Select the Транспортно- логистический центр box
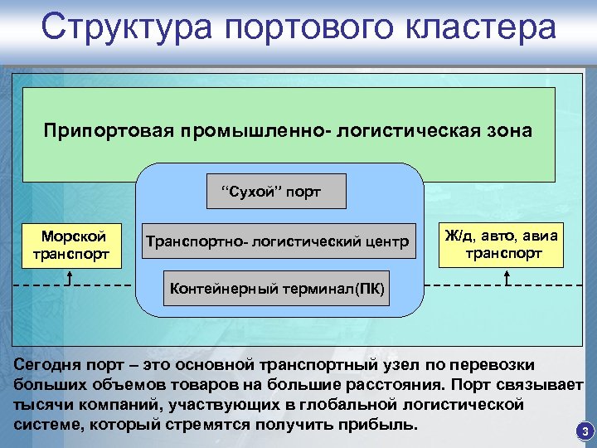[277, 242]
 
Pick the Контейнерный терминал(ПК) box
[277, 289]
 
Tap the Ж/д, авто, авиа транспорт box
[502, 245]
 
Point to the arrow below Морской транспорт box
[70, 277]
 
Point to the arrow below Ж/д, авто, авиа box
[507, 277]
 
